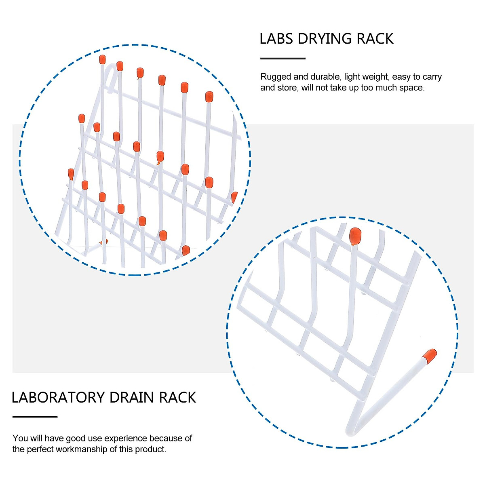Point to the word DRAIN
pyautogui.click(x=132, y=398)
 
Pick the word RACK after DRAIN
pyautogui.click(x=177, y=398)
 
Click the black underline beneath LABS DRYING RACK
pyautogui.click(x=283, y=59)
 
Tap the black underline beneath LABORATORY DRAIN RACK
pyautogui.click(x=35, y=416)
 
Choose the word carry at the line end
pyautogui.click(x=432, y=77)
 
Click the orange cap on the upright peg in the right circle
pyautogui.click(x=355, y=236)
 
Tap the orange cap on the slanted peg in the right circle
pyautogui.click(x=430, y=354)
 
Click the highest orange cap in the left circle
pyautogui.click(x=102, y=60)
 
